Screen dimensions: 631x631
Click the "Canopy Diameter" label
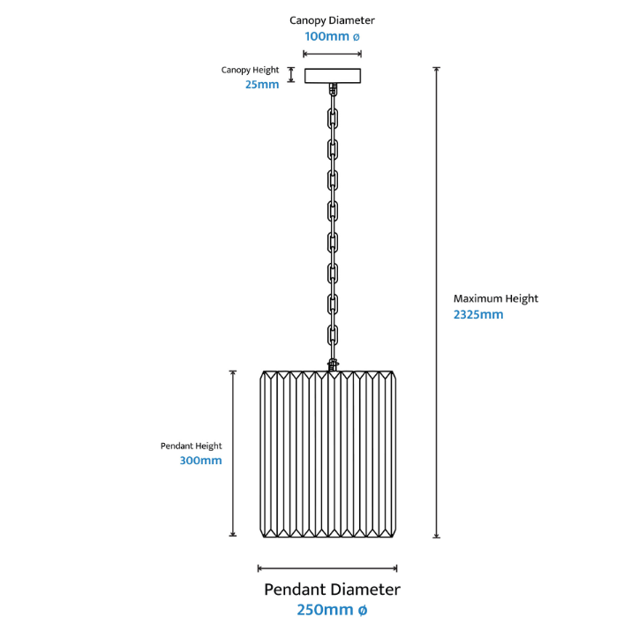pyautogui.click(x=332, y=19)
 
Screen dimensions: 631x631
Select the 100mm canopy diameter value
pyautogui.click(x=332, y=37)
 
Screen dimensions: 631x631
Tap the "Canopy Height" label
pyautogui.click(x=251, y=70)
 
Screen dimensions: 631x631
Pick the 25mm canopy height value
pyautogui.click(x=263, y=84)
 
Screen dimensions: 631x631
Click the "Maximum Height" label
pyautogui.click(x=495, y=298)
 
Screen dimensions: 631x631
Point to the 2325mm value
pyautogui.click(x=477, y=314)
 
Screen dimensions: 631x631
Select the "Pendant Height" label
pyautogui.click(x=192, y=446)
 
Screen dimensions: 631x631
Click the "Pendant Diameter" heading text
pyautogui.click(x=332, y=590)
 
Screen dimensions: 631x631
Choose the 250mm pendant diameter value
pyautogui.click(x=332, y=610)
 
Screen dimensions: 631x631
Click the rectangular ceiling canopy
pyautogui.click(x=332, y=76)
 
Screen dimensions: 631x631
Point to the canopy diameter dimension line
pyautogui.click(x=332, y=54)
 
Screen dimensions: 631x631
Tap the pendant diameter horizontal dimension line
pyautogui.click(x=327, y=568)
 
